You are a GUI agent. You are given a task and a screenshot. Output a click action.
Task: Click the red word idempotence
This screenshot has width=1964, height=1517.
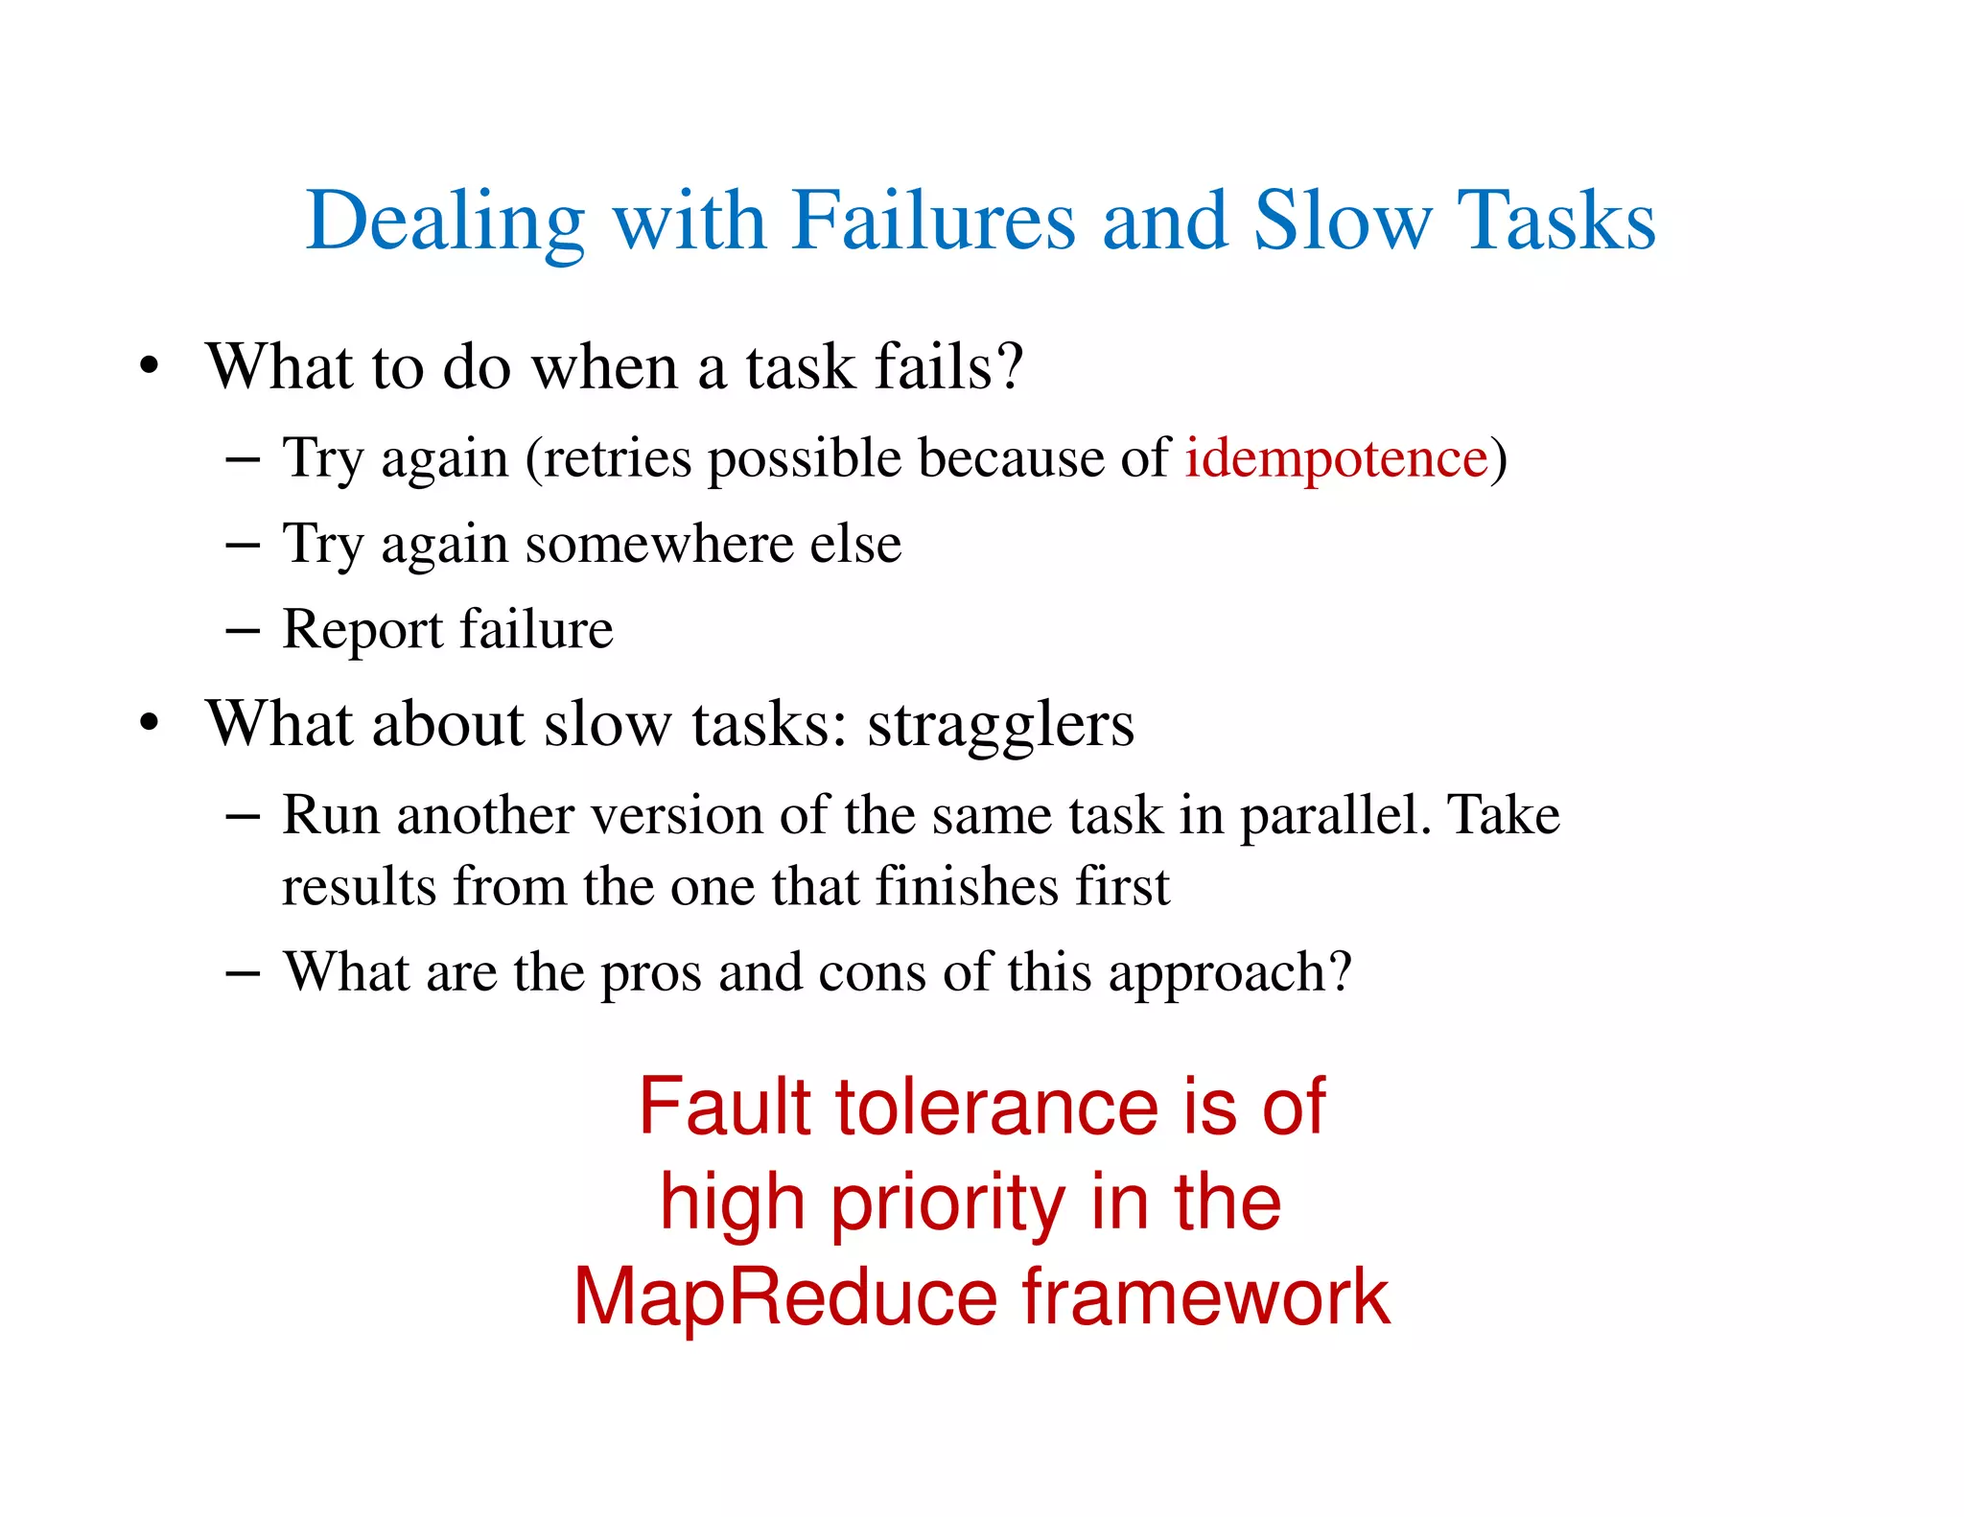(x=1336, y=457)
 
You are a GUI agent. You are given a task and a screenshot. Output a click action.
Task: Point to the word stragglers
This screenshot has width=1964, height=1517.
(x=1000, y=725)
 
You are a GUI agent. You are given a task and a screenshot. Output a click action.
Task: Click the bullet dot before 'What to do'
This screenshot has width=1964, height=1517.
(x=148, y=366)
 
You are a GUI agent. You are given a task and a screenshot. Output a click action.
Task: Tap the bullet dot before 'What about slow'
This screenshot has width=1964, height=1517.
(x=148, y=723)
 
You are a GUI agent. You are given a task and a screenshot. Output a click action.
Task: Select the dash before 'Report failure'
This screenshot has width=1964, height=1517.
(x=243, y=631)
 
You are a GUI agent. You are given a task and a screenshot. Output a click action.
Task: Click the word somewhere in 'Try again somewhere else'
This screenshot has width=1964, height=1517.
(x=660, y=545)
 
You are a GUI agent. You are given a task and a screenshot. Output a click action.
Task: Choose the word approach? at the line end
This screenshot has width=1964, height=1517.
(x=1230, y=973)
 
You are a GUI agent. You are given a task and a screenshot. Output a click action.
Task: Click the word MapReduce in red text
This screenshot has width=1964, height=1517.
(x=786, y=1297)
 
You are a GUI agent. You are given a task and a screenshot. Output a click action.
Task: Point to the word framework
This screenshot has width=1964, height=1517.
(x=1205, y=1297)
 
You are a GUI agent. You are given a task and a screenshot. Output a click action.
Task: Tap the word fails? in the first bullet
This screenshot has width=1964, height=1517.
(x=949, y=366)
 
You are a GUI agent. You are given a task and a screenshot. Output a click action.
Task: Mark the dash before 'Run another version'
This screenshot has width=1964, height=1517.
(x=243, y=816)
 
